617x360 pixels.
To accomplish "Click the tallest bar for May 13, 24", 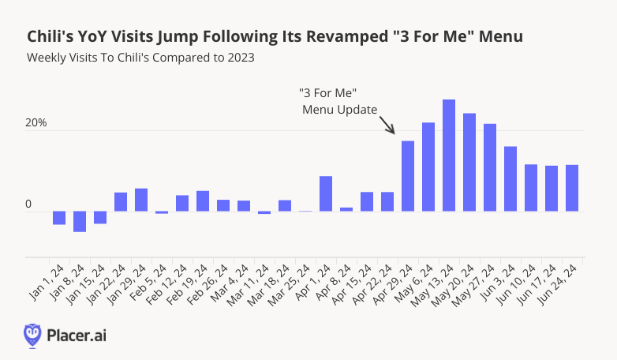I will point(449,156).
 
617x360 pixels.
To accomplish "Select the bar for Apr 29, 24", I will point(408,176).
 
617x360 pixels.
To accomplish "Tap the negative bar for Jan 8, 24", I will point(80,221).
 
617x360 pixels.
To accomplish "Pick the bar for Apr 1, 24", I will point(326,193).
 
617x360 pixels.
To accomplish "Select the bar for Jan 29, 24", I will point(141,200).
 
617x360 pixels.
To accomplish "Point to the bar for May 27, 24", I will point(490,167).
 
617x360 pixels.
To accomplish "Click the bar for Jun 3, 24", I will point(510,179).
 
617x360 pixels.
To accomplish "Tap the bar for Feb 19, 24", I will point(203,201).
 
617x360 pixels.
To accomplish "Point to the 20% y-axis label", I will point(36,123).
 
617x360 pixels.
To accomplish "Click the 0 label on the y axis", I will point(28,204).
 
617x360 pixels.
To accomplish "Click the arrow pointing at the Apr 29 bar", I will point(387,125).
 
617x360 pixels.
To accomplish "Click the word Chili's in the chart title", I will point(50,36).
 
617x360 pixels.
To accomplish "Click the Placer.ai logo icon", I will point(32,335).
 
